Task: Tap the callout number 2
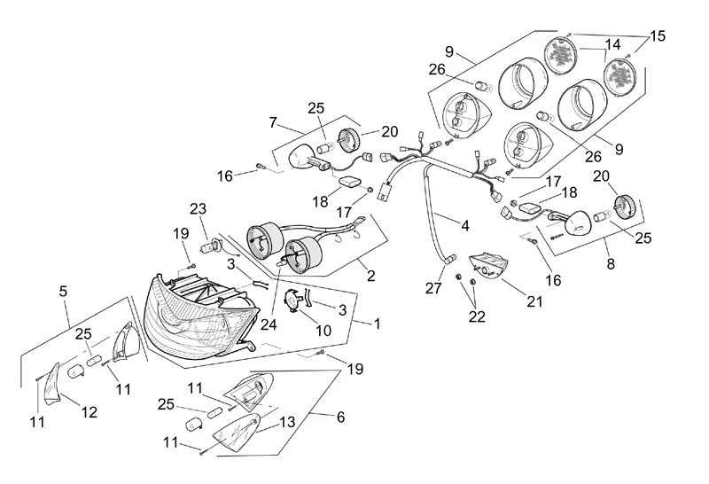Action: tap(370, 276)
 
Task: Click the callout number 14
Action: tap(612, 43)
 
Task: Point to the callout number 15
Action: tap(657, 36)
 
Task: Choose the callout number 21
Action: tap(534, 301)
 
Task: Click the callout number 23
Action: tap(198, 209)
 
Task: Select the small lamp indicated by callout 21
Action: tap(493, 264)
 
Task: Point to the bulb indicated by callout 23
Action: tap(213, 246)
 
